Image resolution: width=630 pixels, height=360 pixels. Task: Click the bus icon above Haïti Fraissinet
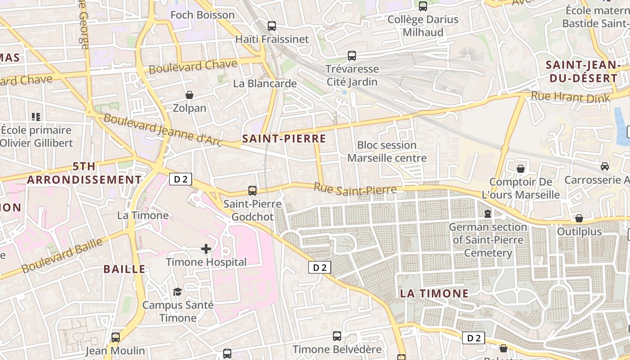(x=272, y=26)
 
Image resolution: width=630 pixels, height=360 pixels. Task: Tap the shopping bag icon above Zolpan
(x=189, y=95)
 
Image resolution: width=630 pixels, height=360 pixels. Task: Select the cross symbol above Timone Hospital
(x=206, y=249)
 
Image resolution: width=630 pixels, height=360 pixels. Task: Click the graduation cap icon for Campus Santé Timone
(x=177, y=292)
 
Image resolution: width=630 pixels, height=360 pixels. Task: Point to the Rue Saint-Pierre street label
(x=355, y=189)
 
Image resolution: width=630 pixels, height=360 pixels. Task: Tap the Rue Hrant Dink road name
(x=570, y=97)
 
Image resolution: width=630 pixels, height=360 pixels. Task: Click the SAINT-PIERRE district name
(x=284, y=139)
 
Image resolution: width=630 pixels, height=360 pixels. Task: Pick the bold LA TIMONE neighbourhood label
(x=434, y=293)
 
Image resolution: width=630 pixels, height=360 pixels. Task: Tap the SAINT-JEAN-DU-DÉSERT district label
(x=581, y=71)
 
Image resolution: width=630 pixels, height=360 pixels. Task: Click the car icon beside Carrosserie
(x=605, y=166)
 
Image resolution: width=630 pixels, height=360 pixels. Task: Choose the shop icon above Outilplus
(x=579, y=218)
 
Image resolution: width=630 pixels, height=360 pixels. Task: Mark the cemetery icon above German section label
(x=487, y=213)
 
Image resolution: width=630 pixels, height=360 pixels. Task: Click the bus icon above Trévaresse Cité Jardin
(x=352, y=56)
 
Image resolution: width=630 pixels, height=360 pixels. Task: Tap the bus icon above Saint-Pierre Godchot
(x=252, y=191)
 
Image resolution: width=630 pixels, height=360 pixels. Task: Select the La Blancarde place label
(x=265, y=83)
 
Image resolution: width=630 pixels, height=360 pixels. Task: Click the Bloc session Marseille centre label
(x=387, y=152)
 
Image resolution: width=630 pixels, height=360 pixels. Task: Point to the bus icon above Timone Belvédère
(x=337, y=336)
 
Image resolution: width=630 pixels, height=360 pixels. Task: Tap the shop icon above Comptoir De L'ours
(x=521, y=169)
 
